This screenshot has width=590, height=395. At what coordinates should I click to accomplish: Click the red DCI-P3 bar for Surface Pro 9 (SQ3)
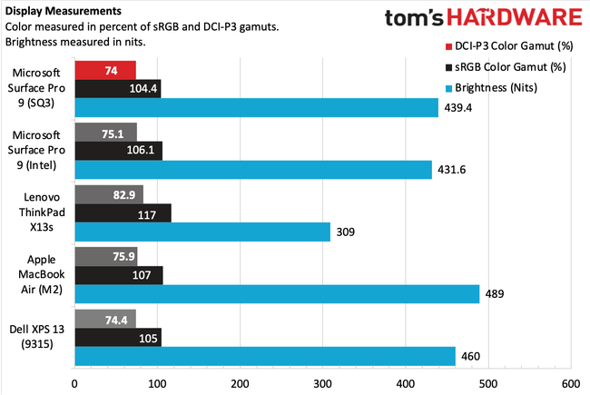[104, 69]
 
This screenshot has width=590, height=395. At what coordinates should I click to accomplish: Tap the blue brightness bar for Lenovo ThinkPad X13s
[202, 232]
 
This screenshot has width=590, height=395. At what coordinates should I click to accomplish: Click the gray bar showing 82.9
[109, 194]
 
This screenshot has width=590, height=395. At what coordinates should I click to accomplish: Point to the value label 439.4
[457, 108]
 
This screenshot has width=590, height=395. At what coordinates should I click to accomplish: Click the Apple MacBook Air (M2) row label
[37, 275]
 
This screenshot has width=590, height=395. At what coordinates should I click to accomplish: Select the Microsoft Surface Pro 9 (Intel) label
[37, 151]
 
